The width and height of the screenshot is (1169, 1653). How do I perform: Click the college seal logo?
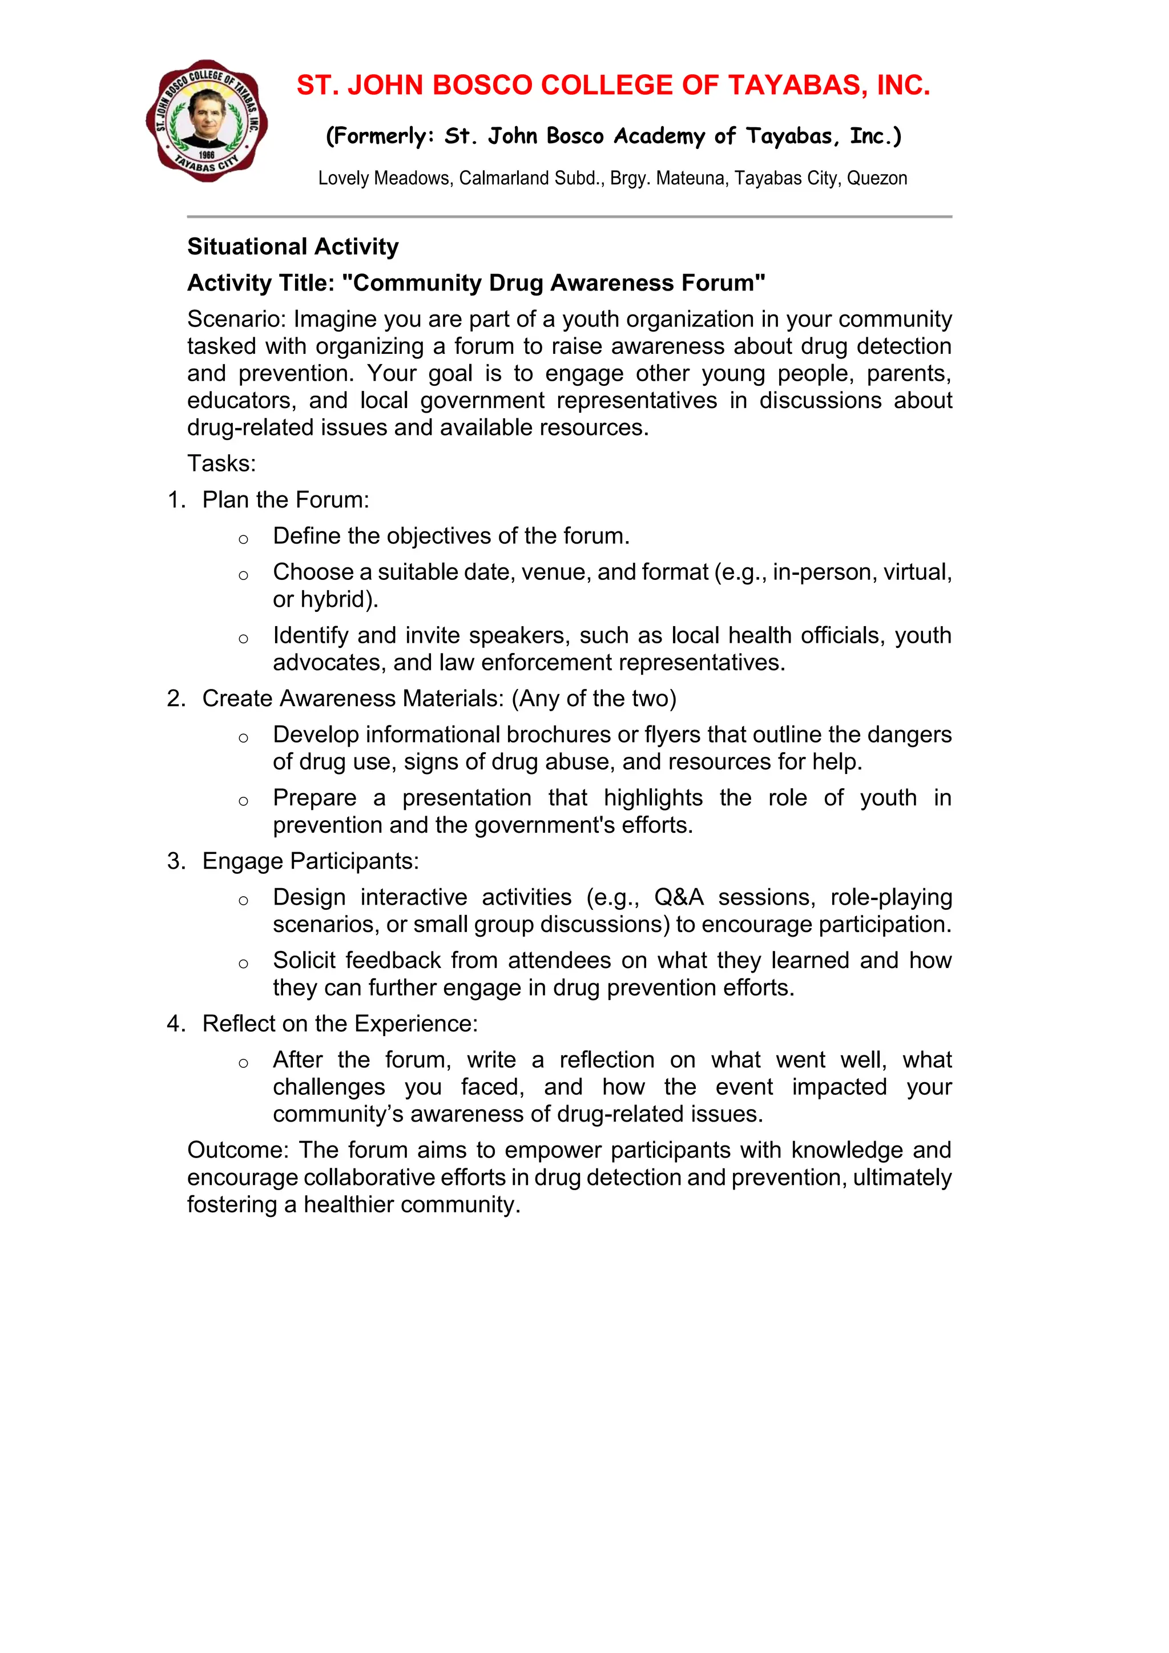point(207,120)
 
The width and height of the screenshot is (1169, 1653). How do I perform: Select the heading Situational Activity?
point(292,246)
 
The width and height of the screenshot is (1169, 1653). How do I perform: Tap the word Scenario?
point(235,319)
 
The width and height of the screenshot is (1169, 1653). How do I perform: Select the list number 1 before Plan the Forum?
point(174,499)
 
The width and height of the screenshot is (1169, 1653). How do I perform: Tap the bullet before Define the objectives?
point(243,538)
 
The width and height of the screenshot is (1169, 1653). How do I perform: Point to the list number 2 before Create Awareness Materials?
point(174,698)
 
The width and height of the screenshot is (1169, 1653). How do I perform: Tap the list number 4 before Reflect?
point(174,1024)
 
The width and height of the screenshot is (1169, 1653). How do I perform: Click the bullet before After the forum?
point(243,1063)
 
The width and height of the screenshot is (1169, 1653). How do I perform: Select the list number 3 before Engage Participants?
point(174,861)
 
